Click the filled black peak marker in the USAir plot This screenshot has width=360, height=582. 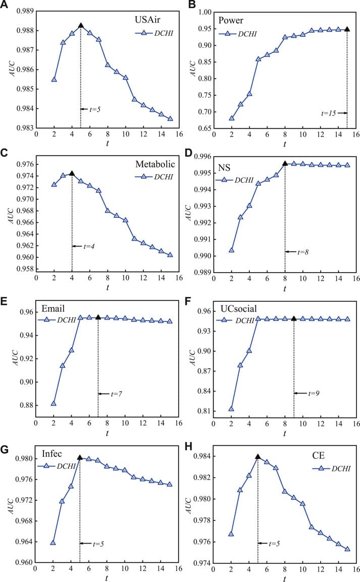[x=81, y=25]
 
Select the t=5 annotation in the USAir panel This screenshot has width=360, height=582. [x=94, y=109]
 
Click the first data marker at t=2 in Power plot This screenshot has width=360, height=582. [x=232, y=118]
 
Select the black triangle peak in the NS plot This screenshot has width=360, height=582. [x=285, y=163]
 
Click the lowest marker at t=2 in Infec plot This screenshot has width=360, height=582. [x=53, y=543]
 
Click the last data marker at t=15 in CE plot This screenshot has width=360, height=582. [x=347, y=549]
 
